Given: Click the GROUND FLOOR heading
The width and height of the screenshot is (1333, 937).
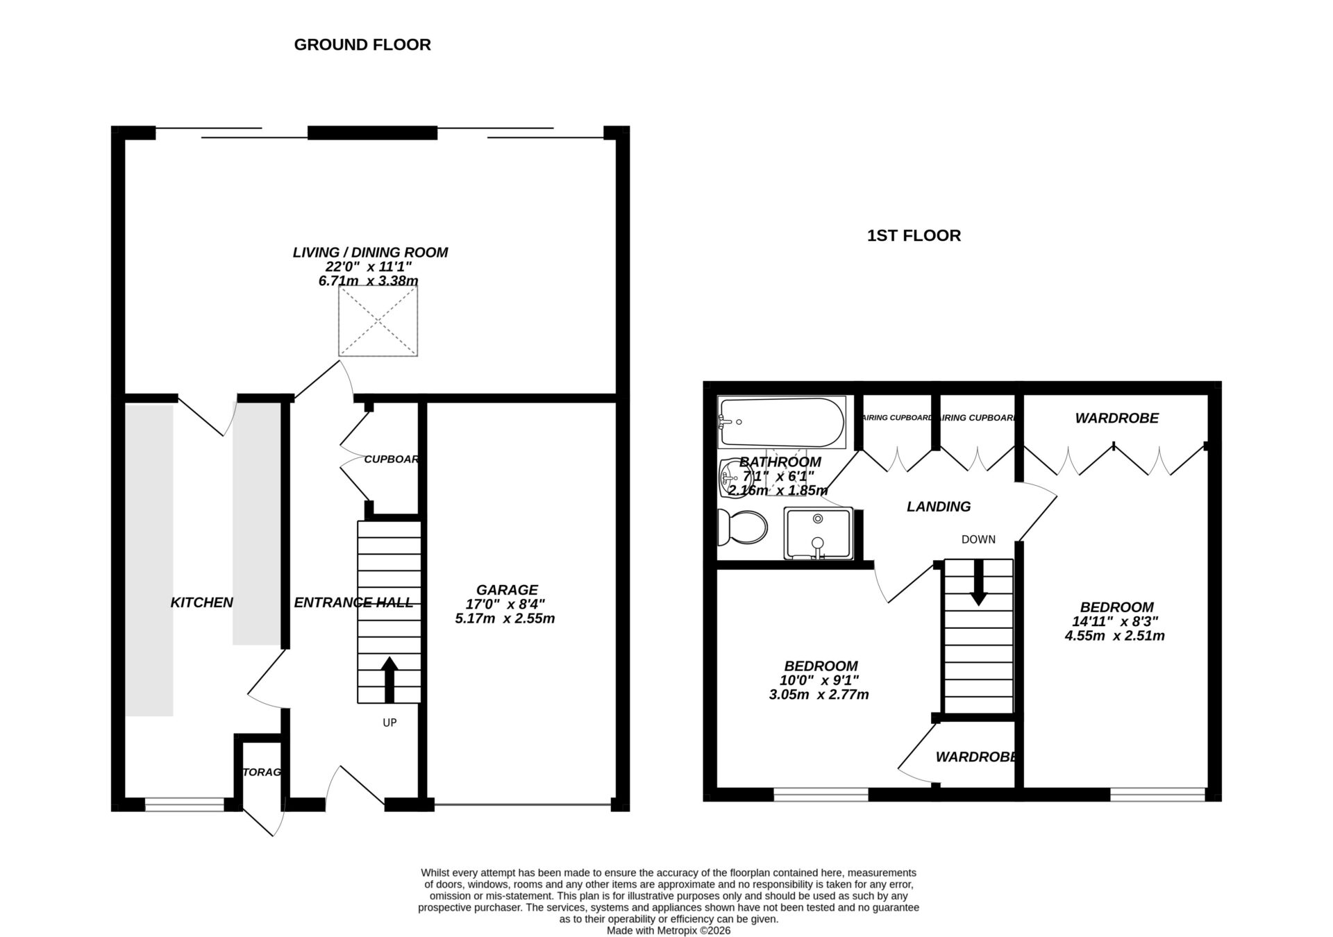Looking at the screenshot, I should (362, 44).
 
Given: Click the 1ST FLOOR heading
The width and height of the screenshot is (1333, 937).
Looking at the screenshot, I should (914, 235).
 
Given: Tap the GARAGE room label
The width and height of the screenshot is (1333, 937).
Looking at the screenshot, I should (507, 590).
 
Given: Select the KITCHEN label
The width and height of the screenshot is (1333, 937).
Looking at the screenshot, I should (201, 602).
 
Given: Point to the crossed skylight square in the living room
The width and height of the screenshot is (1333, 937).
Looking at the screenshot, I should (378, 321).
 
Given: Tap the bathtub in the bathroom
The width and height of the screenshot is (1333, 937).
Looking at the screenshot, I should (782, 422).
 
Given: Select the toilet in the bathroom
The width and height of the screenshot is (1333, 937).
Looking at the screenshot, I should (743, 527).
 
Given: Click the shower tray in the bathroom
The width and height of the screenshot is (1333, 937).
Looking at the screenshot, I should (819, 533).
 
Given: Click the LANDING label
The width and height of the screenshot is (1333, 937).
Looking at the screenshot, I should (939, 507).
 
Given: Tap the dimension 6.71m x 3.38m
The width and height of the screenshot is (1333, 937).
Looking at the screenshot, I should (368, 281).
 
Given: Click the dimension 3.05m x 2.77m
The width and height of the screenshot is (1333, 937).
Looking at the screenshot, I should (819, 695).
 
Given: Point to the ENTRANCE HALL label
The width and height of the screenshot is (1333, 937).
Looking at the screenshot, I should (353, 602).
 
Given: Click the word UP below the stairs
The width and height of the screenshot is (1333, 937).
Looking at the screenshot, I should (389, 723).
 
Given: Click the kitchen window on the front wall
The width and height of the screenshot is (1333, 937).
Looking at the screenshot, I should (185, 804).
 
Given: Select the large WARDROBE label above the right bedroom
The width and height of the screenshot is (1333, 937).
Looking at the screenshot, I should (1116, 418).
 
